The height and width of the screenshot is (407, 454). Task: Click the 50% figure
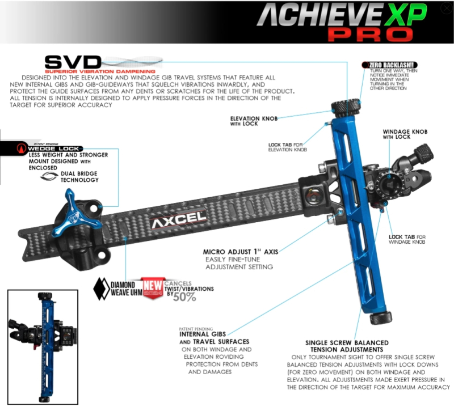click(x=184, y=297)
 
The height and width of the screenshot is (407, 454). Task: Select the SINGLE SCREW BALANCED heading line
click(x=347, y=343)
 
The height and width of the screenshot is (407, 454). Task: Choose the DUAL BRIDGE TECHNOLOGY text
click(x=77, y=176)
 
